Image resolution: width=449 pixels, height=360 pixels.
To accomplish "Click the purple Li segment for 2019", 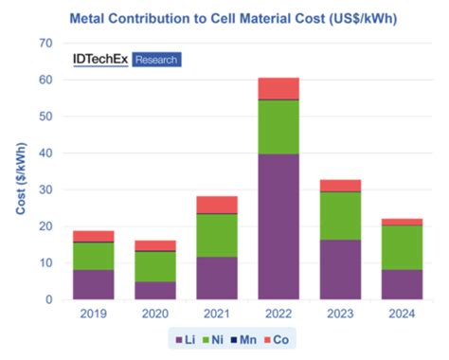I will [x=94, y=284].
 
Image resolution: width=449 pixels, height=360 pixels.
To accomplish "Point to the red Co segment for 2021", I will [x=217, y=205].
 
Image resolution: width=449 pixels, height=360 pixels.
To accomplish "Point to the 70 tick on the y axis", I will [x=44, y=44].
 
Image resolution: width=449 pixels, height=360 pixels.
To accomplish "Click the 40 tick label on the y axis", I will [x=44, y=153].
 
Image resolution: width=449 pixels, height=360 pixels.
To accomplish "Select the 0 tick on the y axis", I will [x=47, y=299].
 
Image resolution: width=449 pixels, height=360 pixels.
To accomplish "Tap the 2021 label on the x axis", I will [x=217, y=314].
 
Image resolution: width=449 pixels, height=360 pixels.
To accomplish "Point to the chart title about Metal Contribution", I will [x=224, y=17].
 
